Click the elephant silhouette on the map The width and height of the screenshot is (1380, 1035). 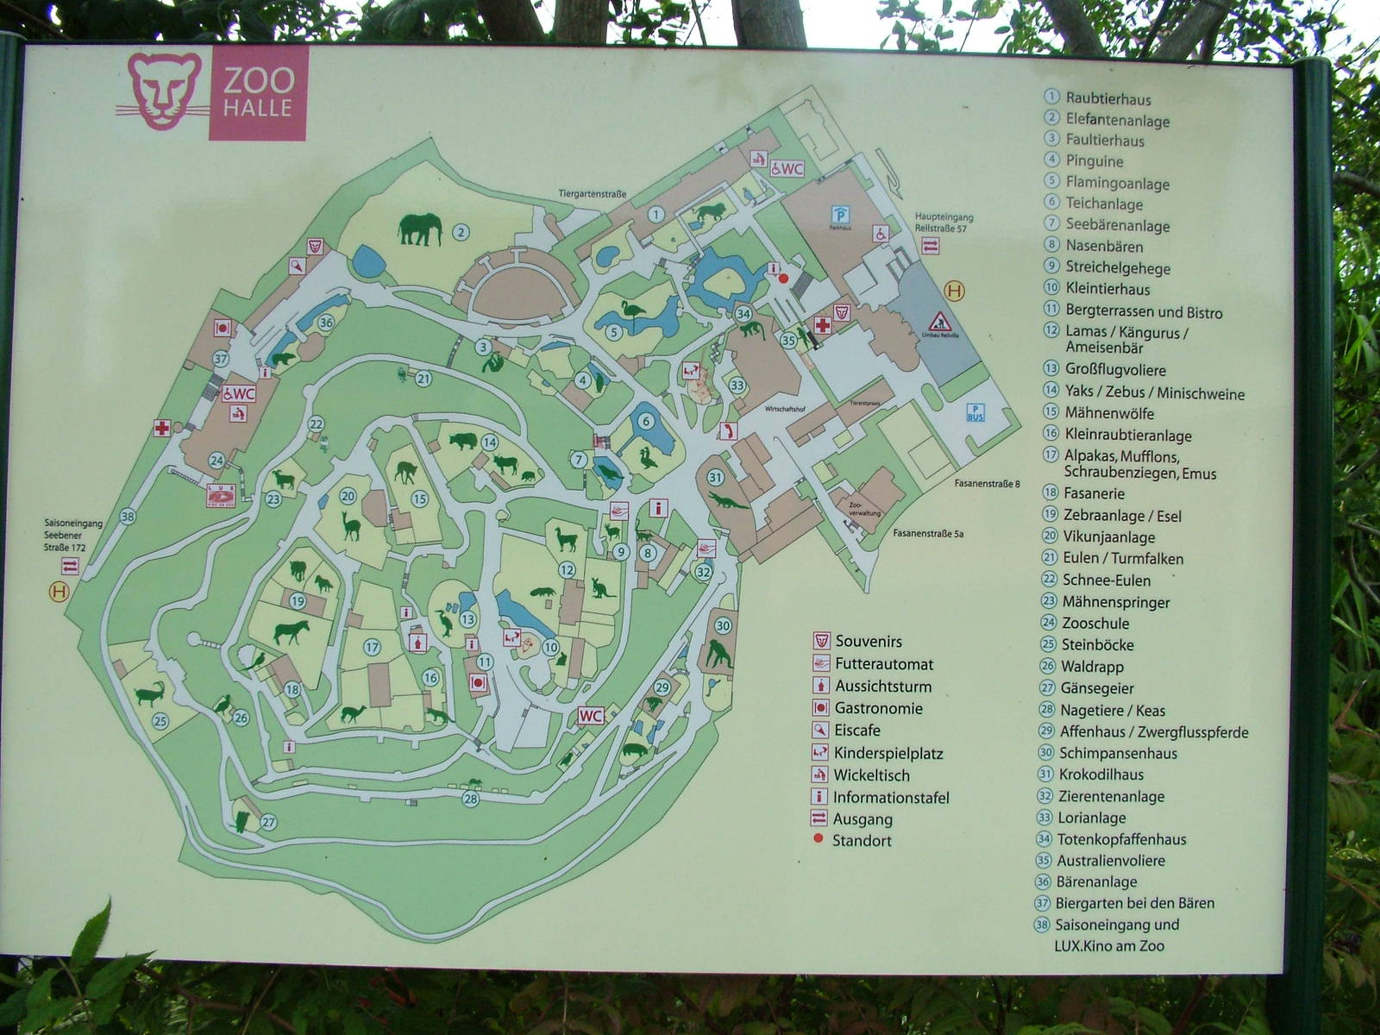419,230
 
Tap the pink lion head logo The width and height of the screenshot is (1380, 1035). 164,91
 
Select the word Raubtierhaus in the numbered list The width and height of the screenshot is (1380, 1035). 1107,98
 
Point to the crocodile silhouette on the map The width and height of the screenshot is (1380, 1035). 729,500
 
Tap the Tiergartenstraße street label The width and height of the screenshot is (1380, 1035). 592,195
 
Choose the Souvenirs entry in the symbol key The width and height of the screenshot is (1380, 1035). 868,642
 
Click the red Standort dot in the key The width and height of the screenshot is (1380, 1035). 819,840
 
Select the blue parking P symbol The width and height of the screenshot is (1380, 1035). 838,214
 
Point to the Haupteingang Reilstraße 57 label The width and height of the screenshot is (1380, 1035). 944,223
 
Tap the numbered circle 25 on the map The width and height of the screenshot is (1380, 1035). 160,721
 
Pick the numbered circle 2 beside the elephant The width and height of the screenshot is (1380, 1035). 461,231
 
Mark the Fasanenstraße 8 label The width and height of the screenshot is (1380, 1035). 987,484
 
